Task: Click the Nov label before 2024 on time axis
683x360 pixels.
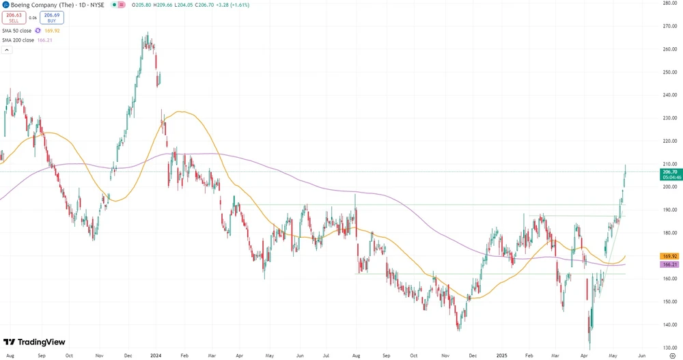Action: (x=99, y=355)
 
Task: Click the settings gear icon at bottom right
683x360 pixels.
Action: (x=672, y=355)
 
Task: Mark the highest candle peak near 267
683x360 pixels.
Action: (x=147, y=32)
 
